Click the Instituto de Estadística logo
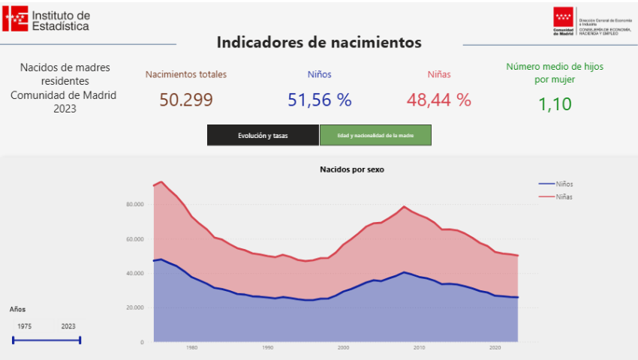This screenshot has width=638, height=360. click(47, 19)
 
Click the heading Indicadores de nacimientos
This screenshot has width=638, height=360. click(319, 42)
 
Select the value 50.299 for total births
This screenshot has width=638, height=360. click(186, 100)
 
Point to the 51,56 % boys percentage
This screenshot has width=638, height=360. click(319, 100)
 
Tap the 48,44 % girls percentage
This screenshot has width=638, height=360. click(439, 100)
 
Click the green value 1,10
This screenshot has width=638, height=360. click(555, 104)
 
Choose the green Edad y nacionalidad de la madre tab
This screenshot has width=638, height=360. click(375, 135)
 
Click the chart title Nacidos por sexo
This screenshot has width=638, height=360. click(352, 169)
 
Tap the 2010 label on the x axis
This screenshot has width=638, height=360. click(420, 348)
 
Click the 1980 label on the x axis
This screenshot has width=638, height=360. click(192, 348)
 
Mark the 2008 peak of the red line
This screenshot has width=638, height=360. click(405, 206)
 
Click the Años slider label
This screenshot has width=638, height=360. click(17, 309)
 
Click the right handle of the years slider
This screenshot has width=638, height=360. click(80, 340)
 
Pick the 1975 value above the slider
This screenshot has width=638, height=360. click(24, 326)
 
